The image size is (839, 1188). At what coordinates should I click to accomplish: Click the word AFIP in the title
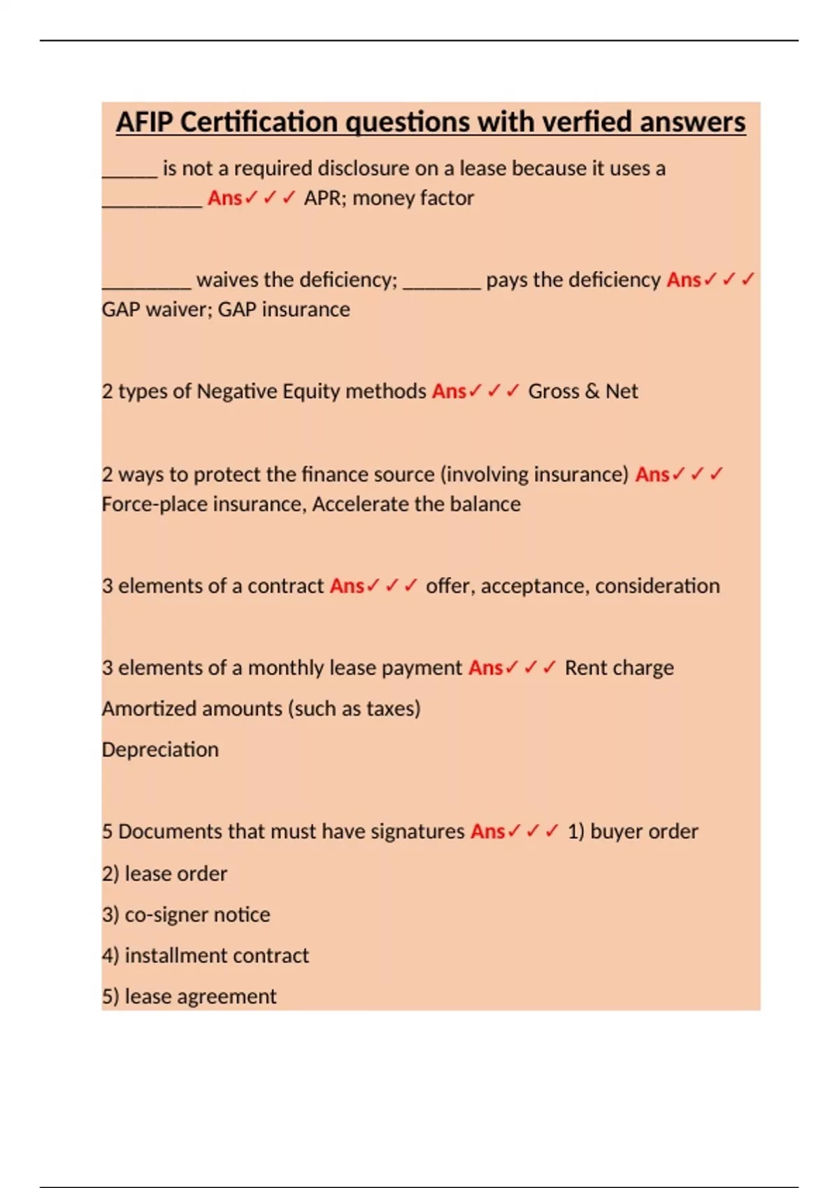coord(145,122)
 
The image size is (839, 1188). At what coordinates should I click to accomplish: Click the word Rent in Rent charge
coord(585,668)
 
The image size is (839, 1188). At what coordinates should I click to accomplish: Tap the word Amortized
coord(146,709)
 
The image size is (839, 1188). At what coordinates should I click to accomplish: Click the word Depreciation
coord(160,750)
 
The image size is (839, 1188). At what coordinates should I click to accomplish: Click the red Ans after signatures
coord(487,832)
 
